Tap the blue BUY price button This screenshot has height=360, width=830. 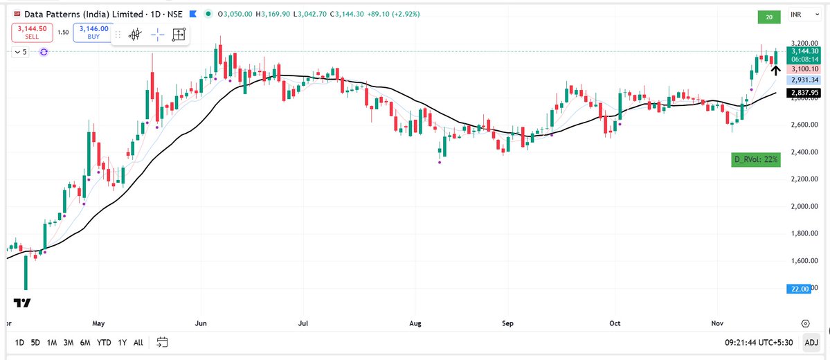(x=93, y=32)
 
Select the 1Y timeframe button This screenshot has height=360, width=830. (x=123, y=342)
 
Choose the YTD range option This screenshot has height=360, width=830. (x=104, y=342)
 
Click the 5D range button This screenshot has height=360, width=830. (x=35, y=342)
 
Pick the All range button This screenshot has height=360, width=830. (x=138, y=342)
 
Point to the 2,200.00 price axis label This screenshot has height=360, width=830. (x=804, y=179)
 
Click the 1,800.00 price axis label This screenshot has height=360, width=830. (x=804, y=234)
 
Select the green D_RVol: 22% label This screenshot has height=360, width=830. (x=756, y=159)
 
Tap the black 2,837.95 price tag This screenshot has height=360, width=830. (x=805, y=92)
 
